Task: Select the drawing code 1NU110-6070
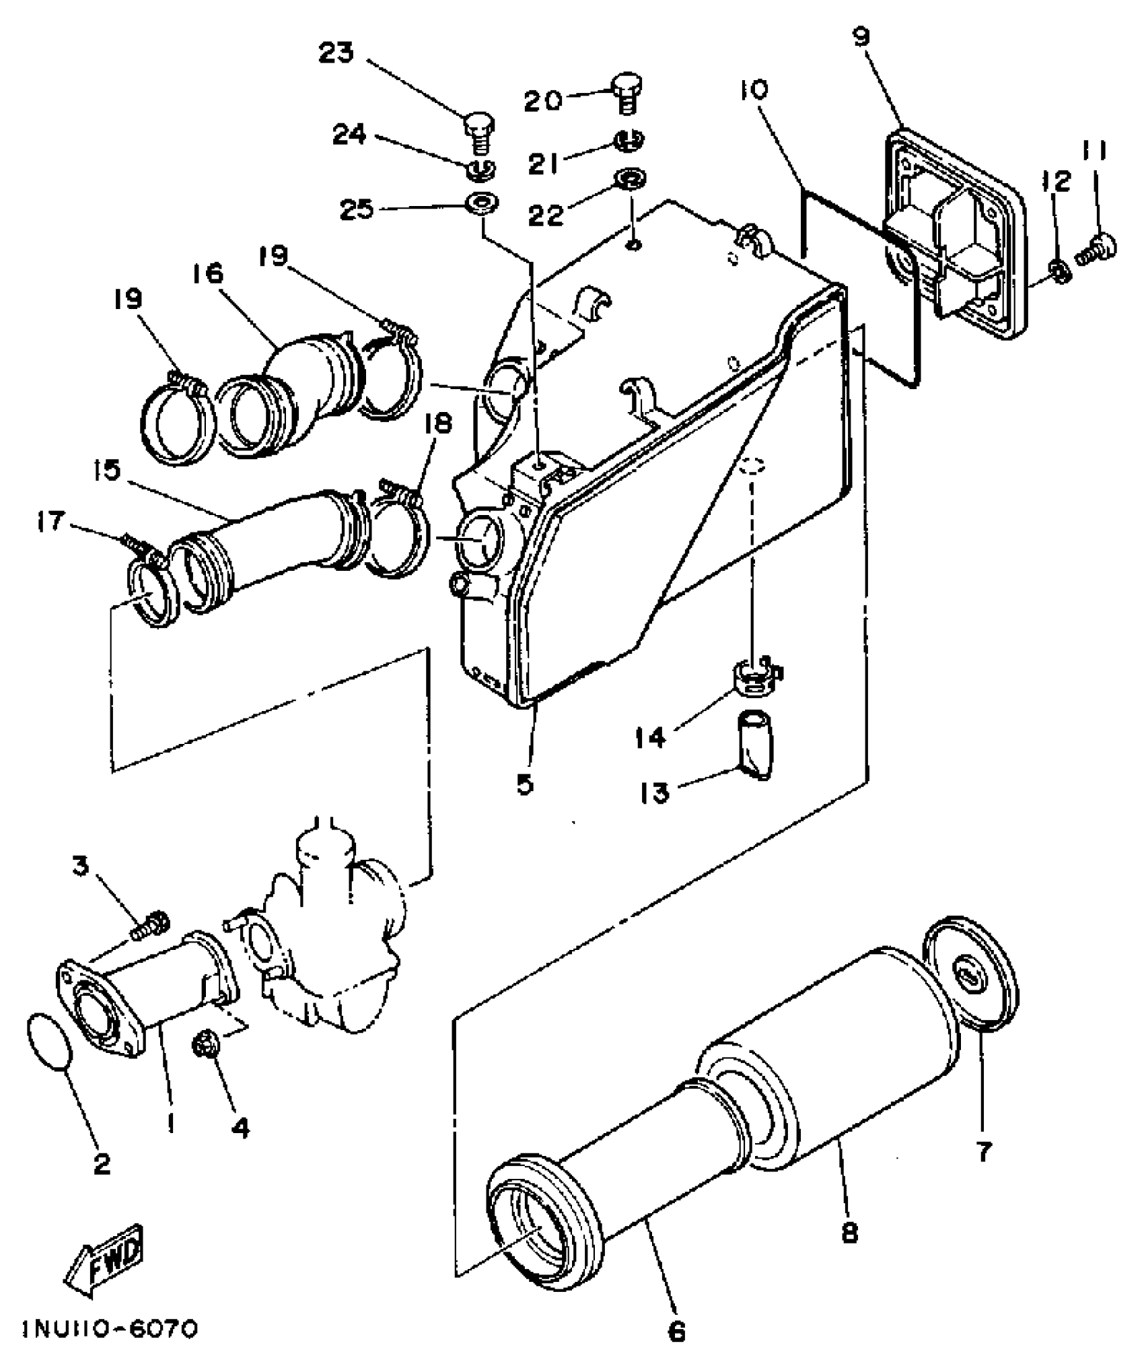pyautogui.click(x=111, y=1328)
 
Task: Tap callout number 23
pyautogui.click(x=336, y=53)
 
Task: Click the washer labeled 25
pyautogui.click(x=483, y=203)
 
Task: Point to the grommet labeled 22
pyautogui.click(x=631, y=180)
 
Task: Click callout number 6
pyautogui.click(x=676, y=1330)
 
